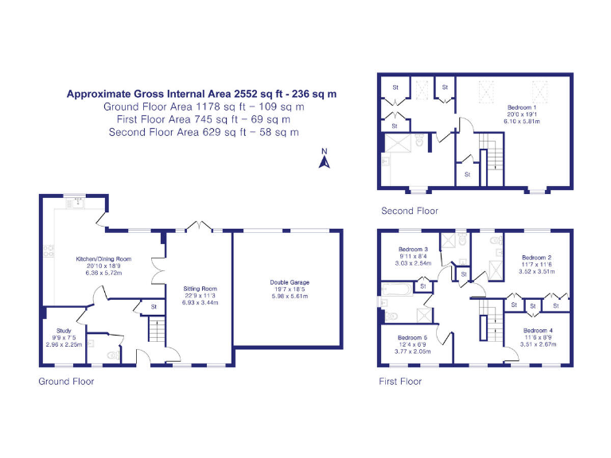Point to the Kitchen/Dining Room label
[x=103, y=259]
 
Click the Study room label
[x=64, y=329]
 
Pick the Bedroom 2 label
[x=536, y=258]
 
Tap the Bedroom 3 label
[x=414, y=249]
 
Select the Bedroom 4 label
[x=539, y=330]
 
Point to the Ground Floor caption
[x=66, y=382]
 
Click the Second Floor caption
[x=409, y=211]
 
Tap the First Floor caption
[x=399, y=382]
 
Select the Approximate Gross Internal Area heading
[x=201, y=94]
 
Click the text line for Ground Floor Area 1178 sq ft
[x=204, y=107]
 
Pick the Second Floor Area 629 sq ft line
[x=204, y=132]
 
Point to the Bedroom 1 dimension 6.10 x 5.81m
[x=523, y=122]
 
